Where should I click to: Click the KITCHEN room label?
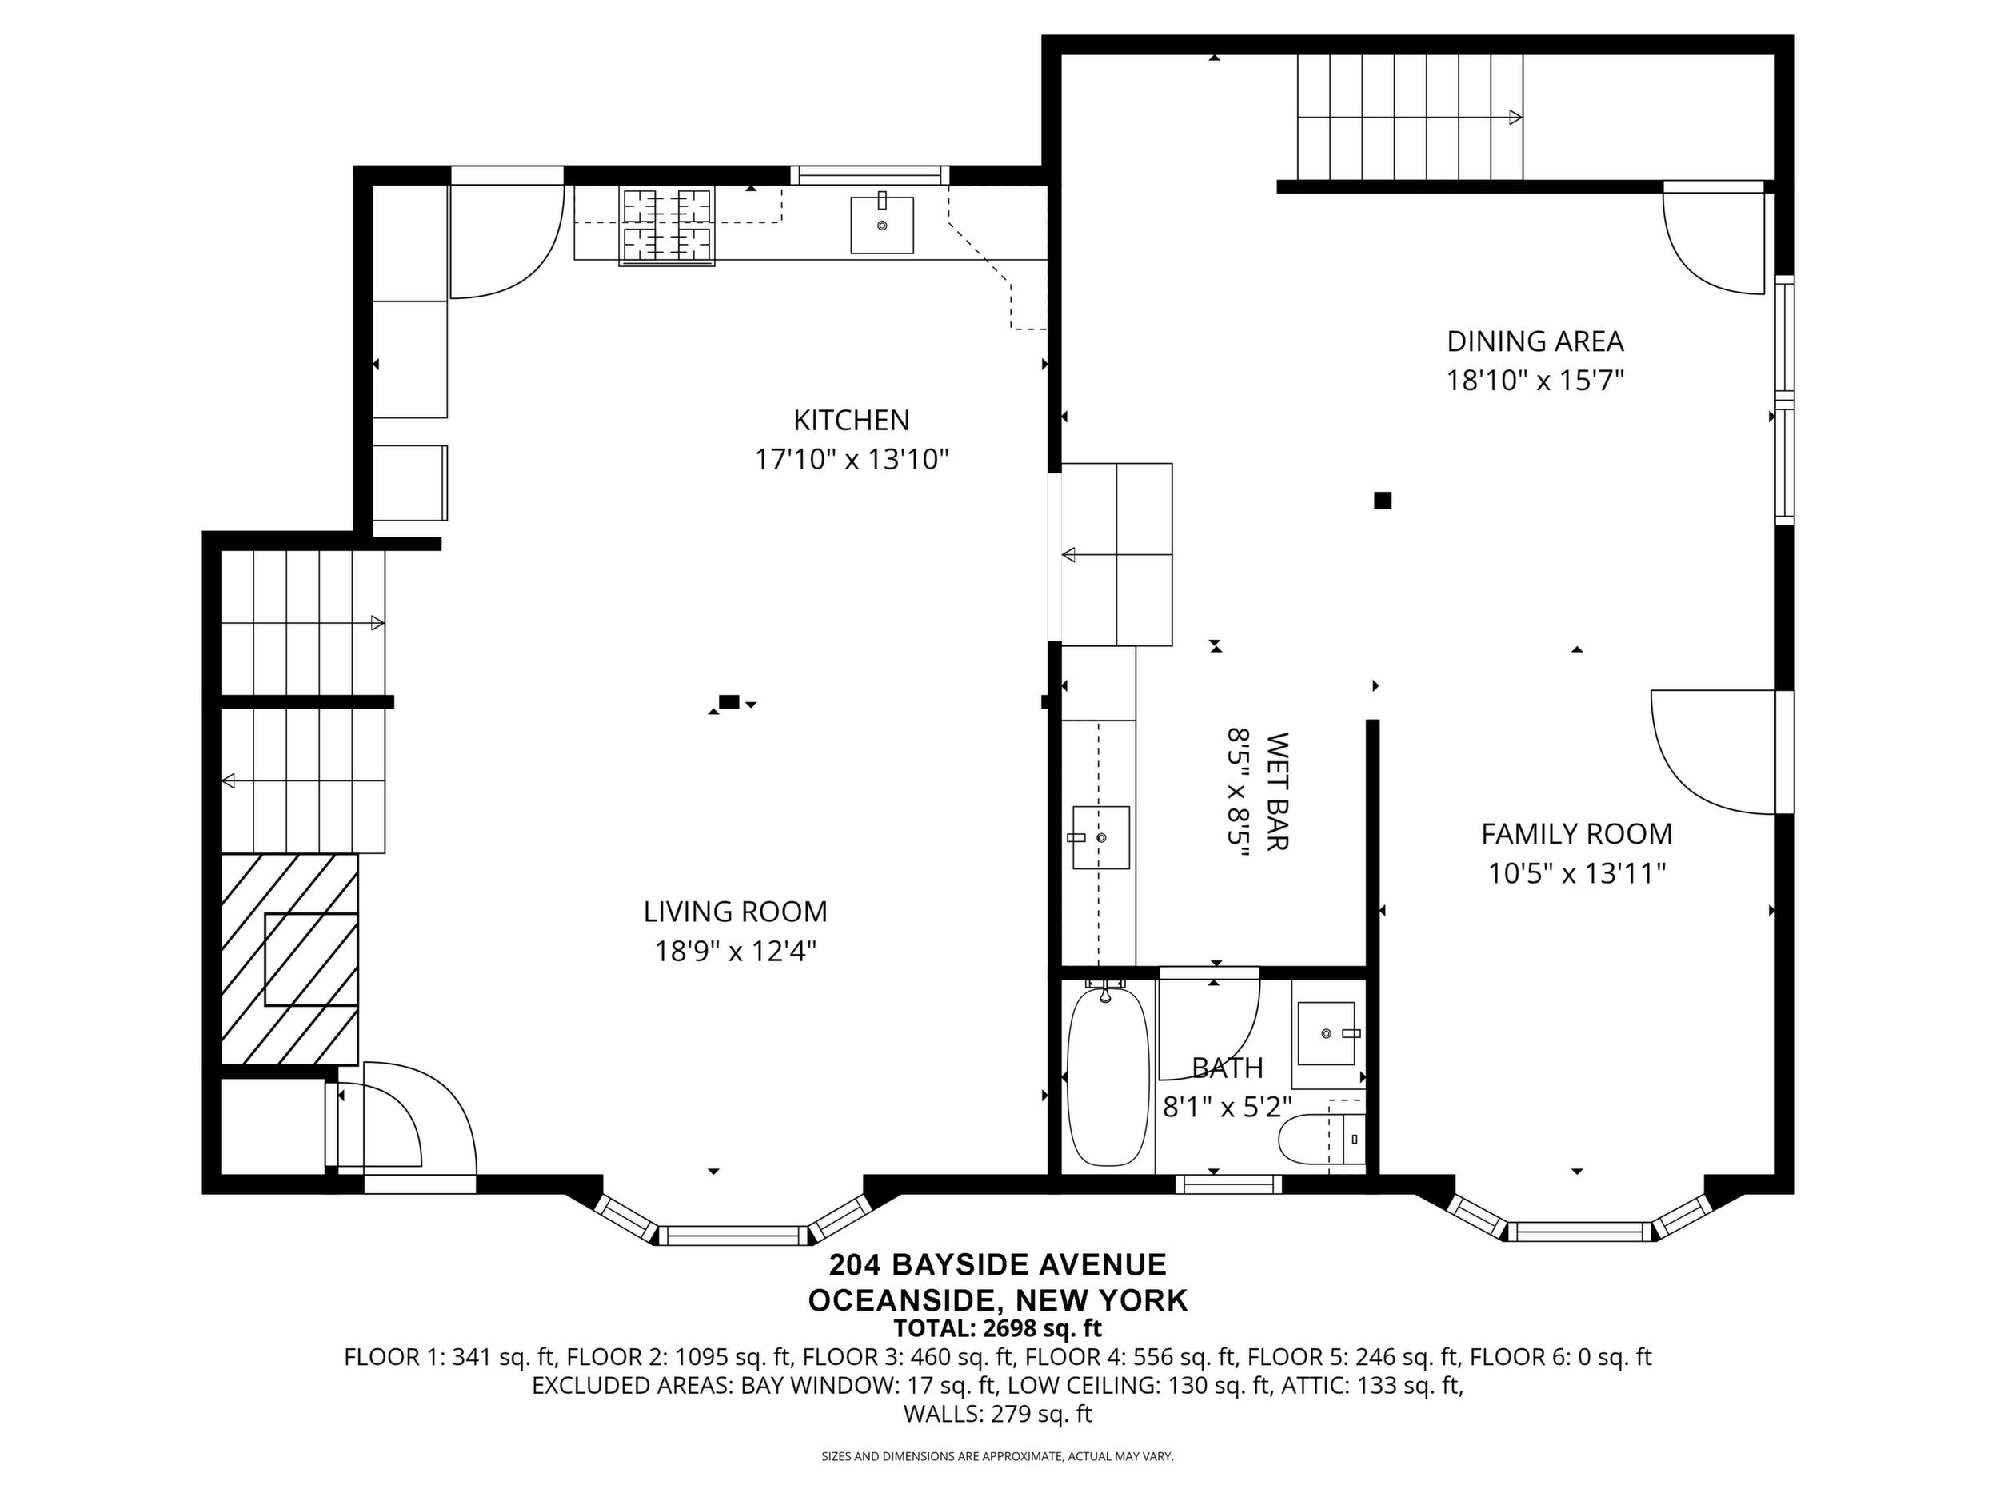click(851, 421)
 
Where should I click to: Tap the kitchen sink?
click(881, 225)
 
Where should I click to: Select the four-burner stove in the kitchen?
click(667, 226)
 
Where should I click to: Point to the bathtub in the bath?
click(1108, 1076)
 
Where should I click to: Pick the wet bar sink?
click(1101, 837)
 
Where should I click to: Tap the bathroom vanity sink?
click(1327, 1032)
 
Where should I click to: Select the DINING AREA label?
click(1535, 341)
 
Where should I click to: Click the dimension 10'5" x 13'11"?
click(1576, 873)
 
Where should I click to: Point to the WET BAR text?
click(1278, 790)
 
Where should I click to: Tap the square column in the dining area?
click(1383, 500)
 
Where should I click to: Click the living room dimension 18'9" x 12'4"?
click(736, 951)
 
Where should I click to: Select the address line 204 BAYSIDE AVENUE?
click(998, 1264)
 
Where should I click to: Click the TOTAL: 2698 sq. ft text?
click(998, 1328)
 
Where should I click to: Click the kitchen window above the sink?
click(871, 175)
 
